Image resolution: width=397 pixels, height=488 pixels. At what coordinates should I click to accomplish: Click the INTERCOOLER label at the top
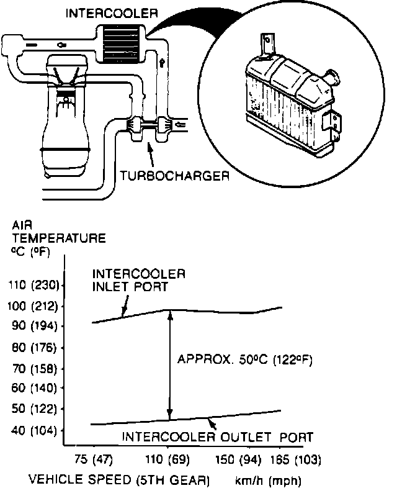(112, 13)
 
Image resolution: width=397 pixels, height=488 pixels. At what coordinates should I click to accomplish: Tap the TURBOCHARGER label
(175, 176)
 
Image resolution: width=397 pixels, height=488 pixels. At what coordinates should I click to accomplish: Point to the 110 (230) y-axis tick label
(33, 285)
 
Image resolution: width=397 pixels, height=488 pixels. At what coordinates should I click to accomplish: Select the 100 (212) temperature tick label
(33, 306)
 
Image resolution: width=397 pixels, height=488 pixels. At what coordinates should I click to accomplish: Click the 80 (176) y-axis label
(34, 347)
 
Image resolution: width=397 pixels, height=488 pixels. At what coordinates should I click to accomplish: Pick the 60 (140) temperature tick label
(34, 388)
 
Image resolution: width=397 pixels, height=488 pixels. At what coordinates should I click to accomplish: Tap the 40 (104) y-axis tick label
(34, 430)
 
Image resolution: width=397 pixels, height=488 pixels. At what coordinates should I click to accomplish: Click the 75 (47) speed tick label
(94, 459)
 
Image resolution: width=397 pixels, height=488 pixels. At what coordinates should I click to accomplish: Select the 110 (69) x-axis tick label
(167, 459)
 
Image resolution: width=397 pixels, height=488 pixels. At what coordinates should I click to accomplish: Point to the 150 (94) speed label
(238, 459)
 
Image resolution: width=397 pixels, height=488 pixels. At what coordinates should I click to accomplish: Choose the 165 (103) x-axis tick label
(295, 459)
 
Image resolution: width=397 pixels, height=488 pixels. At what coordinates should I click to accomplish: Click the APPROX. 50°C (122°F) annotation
(244, 359)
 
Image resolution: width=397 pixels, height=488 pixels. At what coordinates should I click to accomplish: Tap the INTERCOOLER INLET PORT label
(139, 280)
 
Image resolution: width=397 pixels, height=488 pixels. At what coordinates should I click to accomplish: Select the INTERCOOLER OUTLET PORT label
(217, 437)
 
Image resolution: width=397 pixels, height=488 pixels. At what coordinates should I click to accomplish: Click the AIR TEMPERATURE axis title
(59, 238)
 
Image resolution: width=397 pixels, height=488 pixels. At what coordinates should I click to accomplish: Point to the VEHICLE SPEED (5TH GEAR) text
(119, 479)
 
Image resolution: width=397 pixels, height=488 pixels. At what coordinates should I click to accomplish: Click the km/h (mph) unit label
(268, 481)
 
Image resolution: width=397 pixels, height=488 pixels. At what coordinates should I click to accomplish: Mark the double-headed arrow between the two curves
(169, 365)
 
